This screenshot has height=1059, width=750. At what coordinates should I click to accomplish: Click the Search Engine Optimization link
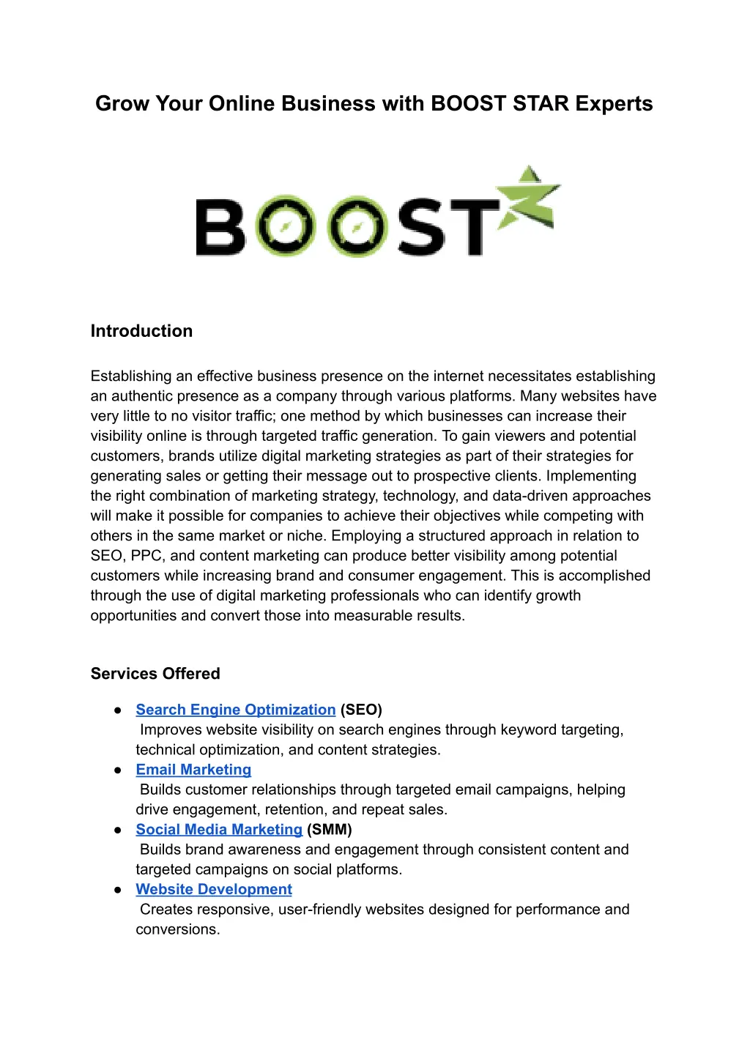[235, 710]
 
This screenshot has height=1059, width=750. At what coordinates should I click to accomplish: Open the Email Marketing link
[193, 770]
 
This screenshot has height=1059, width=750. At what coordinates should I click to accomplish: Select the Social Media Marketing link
[219, 830]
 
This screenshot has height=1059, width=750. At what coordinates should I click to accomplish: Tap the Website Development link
[214, 890]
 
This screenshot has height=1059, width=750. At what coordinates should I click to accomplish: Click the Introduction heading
[141, 331]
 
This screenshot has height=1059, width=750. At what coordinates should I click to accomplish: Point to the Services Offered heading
[155, 674]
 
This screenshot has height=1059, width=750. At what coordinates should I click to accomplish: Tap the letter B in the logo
[219, 227]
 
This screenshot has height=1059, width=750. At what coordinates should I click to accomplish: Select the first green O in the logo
[286, 226]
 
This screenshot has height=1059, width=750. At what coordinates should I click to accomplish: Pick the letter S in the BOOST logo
[420, 227]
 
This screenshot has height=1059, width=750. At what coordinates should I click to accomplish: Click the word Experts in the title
[614, 104]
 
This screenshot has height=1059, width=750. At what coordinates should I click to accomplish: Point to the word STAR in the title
[541, 104]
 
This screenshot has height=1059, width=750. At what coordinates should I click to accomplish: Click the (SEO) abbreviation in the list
[361, 710]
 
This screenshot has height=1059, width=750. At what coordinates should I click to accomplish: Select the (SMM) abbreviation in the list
[330, 830]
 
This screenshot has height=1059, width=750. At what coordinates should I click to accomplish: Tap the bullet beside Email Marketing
[118, 770]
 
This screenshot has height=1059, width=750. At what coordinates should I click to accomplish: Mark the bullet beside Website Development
[118, 891]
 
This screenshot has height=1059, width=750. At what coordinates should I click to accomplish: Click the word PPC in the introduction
[146, 556]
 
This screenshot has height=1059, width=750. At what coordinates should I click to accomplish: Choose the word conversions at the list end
[177, 929]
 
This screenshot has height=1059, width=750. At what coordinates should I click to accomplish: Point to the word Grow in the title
[122, 104]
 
